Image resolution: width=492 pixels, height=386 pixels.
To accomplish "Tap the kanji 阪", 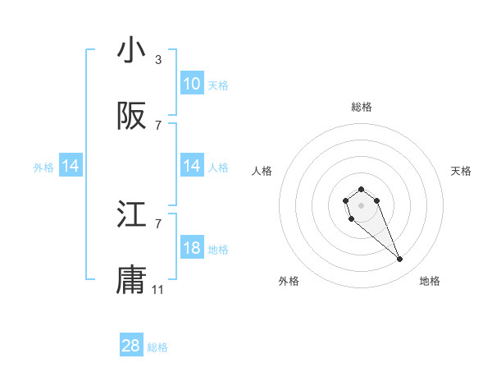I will tap(131, 117).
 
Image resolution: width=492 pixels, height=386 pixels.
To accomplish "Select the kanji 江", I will tap(131, 215).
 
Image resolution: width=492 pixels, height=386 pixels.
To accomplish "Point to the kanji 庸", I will tap(131, 281).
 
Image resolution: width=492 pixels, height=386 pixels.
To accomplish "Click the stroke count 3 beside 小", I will tap(158, 60).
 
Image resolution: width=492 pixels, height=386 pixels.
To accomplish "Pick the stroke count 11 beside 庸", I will tap(158, 290).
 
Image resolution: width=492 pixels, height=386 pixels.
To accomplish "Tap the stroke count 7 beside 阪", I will tap(158, 126).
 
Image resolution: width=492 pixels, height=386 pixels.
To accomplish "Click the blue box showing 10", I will tap(192, 84).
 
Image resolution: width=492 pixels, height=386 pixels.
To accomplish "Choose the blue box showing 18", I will tap(192, 248).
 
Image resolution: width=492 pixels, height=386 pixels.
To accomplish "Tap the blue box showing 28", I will tap(131, 346).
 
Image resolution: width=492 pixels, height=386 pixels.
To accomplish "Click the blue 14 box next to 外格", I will tap(71, 166).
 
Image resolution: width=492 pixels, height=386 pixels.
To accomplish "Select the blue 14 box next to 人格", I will tap(192, 166).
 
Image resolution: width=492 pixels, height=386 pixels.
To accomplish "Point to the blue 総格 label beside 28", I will tap(157, 347).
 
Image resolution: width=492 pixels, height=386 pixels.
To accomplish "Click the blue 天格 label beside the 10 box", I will tap(218, 85).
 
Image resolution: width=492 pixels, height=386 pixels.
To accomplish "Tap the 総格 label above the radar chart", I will tap(362, 107).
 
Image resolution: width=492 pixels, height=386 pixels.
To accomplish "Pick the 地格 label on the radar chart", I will tap(430, 281).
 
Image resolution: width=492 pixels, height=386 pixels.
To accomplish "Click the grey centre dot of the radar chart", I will tap(361, 205).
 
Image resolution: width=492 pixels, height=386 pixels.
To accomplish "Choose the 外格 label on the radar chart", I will tap(289, 281).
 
